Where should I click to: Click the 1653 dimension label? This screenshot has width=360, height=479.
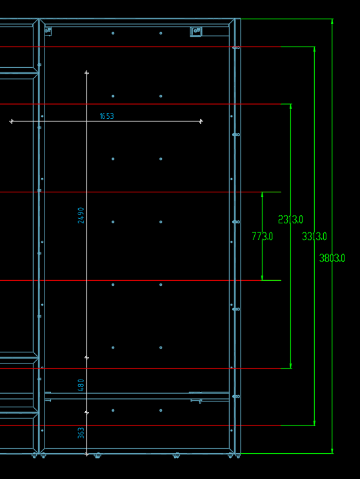click(107, 116)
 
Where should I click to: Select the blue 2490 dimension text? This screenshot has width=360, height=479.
click(81, 216)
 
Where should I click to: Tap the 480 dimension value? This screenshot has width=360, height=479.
click(81, 385)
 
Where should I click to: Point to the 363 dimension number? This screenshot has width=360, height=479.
click(81, 433)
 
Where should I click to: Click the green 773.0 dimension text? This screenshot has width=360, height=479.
click(263, 236)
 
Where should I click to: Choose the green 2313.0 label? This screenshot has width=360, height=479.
click(290, 219)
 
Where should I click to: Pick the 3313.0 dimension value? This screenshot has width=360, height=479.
click(314, 236)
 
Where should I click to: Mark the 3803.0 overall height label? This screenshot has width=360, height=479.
click(332, 258)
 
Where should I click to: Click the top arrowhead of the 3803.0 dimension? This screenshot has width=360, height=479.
click(332, 21)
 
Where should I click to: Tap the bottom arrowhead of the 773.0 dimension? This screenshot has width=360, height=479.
click(263, 278)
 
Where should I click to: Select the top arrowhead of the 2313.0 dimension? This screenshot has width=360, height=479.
click(290, 107)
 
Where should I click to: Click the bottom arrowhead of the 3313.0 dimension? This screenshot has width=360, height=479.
click(314, 423)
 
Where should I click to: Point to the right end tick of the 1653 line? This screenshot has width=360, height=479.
click(201, 121)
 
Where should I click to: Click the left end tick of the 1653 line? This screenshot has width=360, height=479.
click(12, 121)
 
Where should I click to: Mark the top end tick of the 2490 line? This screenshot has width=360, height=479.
click(86, 73)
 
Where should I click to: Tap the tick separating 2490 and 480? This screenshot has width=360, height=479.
click(86, 358)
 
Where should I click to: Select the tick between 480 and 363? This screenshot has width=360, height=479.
click(86, 413)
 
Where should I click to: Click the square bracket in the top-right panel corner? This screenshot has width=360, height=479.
click(196, 32)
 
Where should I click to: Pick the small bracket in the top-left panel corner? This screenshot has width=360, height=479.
click(48, 31)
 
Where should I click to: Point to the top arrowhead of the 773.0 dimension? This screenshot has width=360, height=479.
click(263, 194)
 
